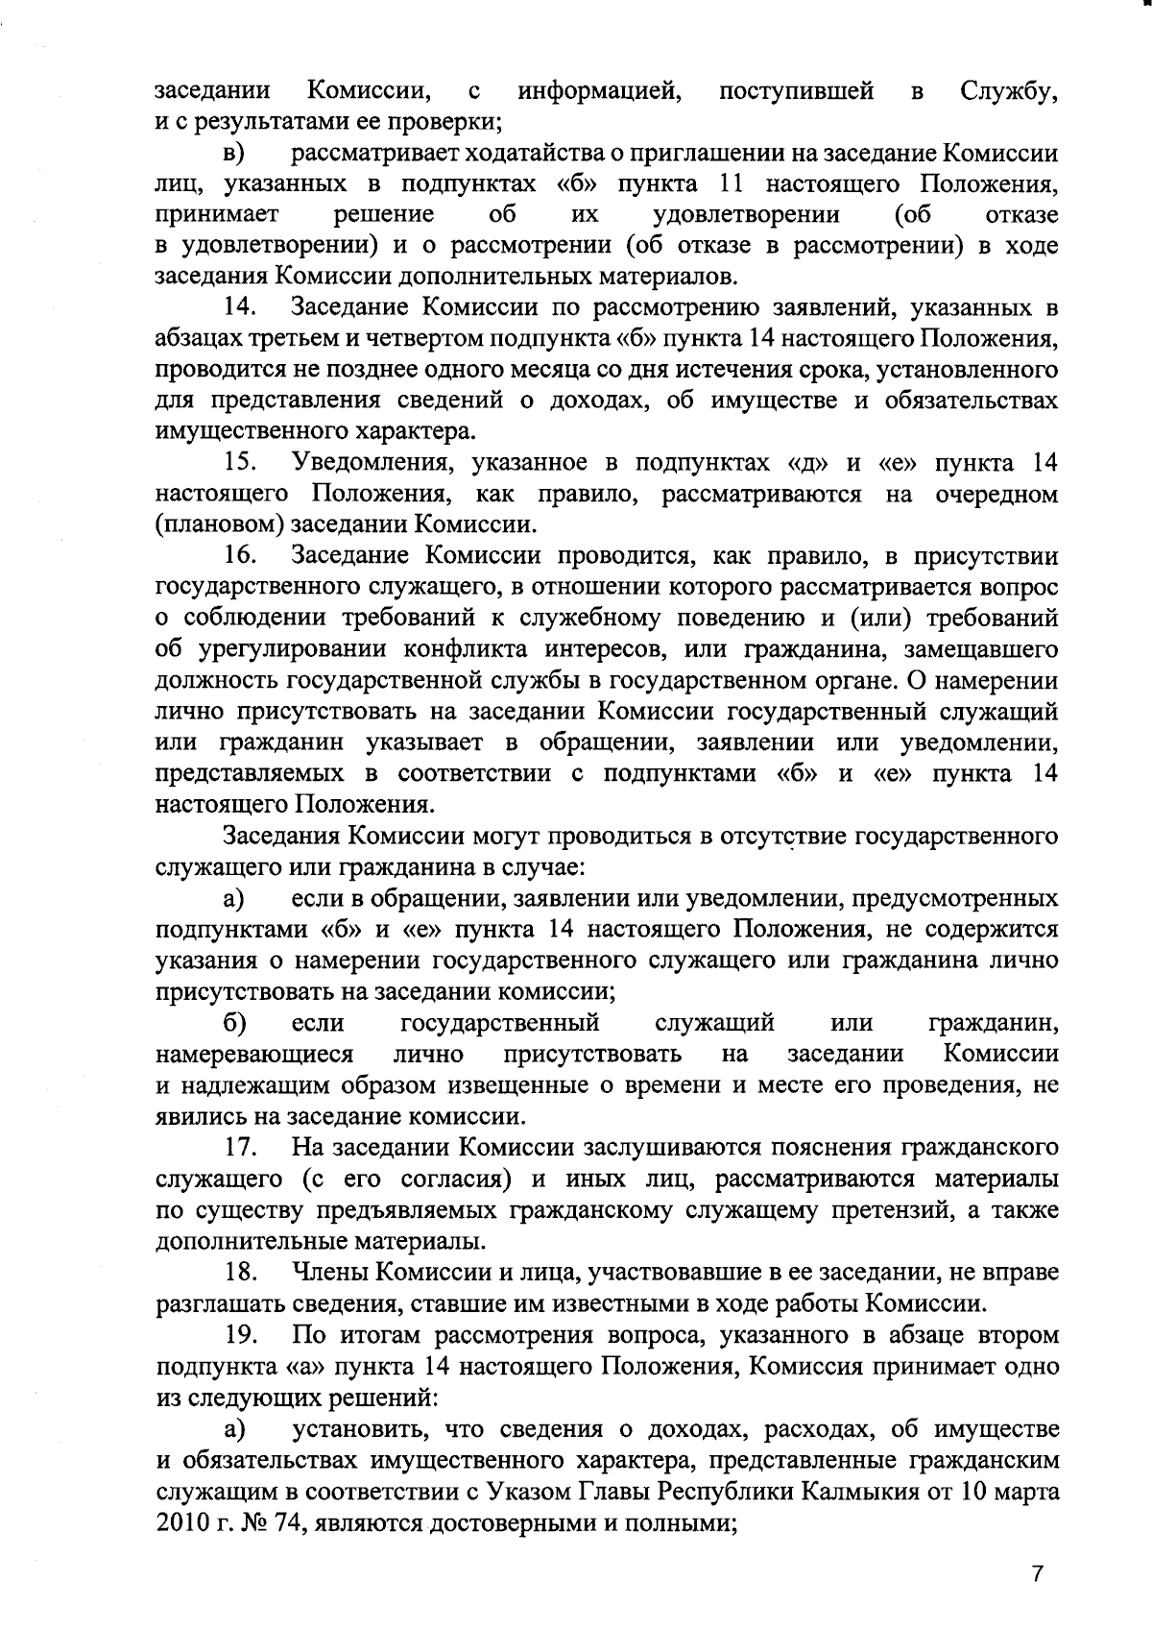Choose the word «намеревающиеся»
pos(254,1054)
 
